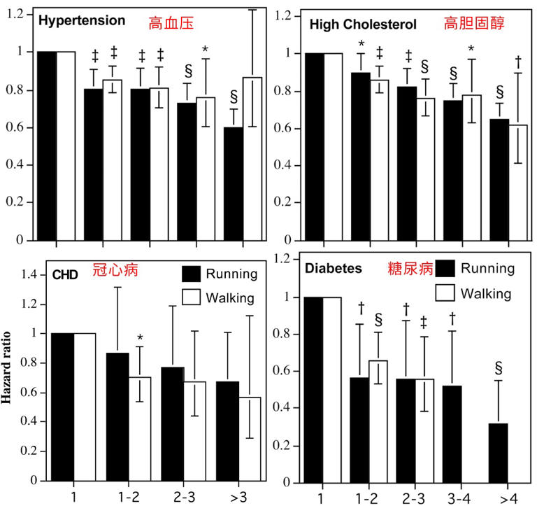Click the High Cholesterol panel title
point(363,24)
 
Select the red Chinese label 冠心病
point(113,274)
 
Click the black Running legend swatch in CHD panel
point(192,274)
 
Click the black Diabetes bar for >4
point(499,454)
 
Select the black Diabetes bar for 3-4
point(452,434)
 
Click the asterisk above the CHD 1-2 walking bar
point(140,339)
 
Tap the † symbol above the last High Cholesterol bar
point(518,61)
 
